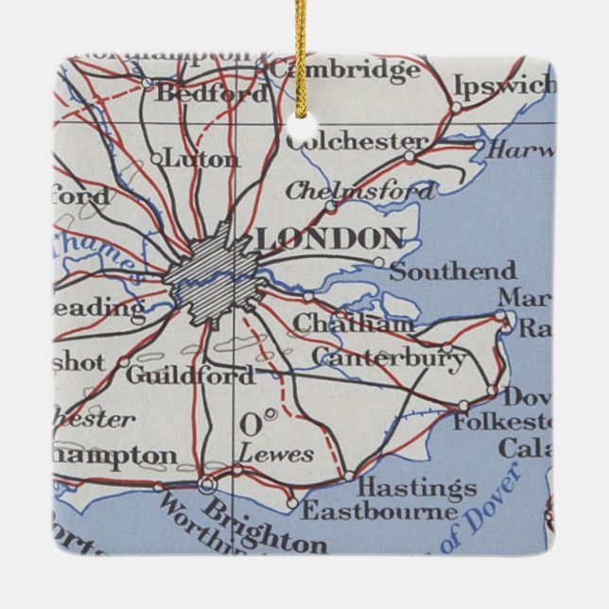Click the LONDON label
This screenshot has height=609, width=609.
(330, 238)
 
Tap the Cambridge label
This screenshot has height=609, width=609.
(330, 70)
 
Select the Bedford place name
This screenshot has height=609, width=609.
(211, 93)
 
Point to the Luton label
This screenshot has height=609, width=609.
(201, 158)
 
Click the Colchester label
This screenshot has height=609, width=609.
(357, 141)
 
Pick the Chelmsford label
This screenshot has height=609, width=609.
(360, 190)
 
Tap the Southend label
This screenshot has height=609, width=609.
(453, 271)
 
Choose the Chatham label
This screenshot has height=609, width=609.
(353, 322)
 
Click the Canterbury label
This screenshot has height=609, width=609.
(389, 357)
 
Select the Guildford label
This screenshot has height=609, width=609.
(190, 374)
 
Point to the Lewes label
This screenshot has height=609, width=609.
(275, 454)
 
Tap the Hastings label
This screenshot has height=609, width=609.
(417, 488)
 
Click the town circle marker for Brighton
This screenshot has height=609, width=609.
(207, 485)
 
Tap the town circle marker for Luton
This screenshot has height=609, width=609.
(157, 159)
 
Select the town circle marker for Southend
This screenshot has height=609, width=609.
(379, 263)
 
